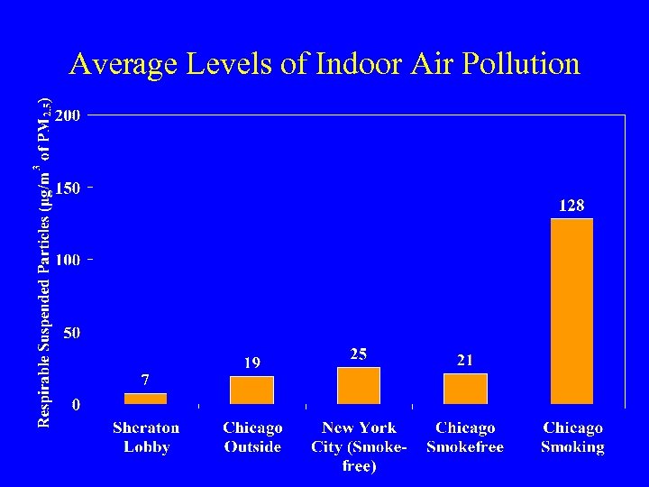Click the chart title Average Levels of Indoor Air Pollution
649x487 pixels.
(324, 64)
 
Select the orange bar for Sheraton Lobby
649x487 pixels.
(145, 399)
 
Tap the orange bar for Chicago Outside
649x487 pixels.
(251, 390)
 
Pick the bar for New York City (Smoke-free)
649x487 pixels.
(359, 385)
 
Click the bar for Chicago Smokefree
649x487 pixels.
(465, 389)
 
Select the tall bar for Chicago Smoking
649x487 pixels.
(571, 311)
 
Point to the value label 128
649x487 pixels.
(571, 206)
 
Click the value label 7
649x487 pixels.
(144, 380)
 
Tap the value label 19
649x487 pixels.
(251, 363)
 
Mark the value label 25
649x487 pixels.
(359, 354)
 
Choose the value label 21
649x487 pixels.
(465, 360)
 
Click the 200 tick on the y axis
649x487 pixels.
(68, 115)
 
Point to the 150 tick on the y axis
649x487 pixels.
(68, 188)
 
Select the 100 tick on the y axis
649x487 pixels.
(68, 260)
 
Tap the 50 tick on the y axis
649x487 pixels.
(71, 333)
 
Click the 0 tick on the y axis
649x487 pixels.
(76, 405)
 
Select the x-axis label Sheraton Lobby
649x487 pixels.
(145, 437)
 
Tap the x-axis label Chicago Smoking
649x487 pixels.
(572, 437)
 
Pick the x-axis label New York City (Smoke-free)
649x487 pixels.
(359, 446)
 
